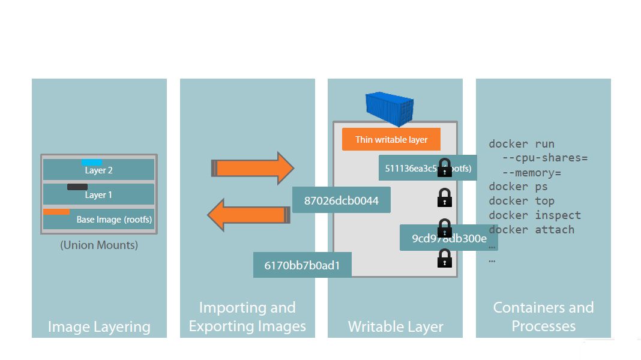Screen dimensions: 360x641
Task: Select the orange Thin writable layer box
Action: (391, 140)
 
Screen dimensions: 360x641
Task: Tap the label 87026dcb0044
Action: (342, 200)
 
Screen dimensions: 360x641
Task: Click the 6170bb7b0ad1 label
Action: (302, 265)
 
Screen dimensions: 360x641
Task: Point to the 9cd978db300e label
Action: (449, 238)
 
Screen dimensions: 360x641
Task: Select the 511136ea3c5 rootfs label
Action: (427, 169)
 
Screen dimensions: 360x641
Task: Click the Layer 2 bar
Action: (98, 170)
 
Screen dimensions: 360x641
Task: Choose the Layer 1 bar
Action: (98, 195)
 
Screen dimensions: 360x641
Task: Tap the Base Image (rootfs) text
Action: (114, 220)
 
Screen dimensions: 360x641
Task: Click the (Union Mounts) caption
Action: (99, 245)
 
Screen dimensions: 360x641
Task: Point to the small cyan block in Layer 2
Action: (92, 163)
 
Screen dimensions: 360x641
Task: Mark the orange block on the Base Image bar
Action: (56, 211)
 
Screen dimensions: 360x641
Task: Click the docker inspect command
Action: (535, 215)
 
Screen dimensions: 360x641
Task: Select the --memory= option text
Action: (536, 172)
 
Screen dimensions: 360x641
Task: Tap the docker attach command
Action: (531, 229)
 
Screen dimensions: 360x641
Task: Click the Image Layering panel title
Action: (99, 327)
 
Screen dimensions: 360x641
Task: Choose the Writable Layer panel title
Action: (396, 327)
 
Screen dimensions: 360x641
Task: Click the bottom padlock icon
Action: (444, 259)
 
